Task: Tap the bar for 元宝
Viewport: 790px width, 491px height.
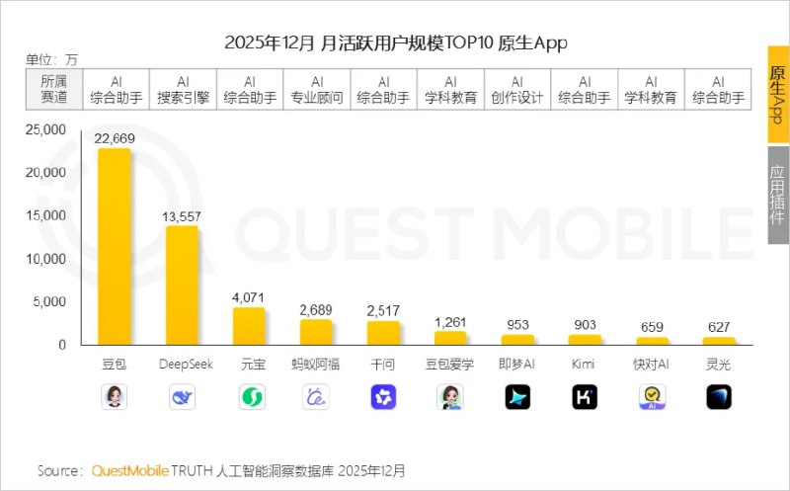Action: tap(249, 325)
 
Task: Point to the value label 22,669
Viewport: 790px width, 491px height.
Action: tap(114, 139)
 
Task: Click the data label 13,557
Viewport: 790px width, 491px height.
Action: tap(182, 216)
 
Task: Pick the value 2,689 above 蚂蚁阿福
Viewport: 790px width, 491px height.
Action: tap(316, 310)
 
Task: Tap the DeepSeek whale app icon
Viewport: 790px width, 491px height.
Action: tap(182, 397)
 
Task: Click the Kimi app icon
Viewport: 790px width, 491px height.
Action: tap(584, 397)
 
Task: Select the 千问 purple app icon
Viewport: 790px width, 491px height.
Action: tap(383, 397)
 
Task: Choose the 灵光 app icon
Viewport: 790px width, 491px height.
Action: tap(718, 397)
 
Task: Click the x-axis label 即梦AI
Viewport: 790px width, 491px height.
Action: tap(517, 364)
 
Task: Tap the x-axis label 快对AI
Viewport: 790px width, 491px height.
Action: tap(651, 364)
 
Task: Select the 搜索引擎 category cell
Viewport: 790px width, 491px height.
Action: tap(183, 90)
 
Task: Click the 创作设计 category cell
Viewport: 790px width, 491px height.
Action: tap(517, 90)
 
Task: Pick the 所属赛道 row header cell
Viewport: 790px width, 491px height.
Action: tap(54, 90)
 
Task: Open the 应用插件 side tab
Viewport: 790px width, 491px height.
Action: tap(778, 194)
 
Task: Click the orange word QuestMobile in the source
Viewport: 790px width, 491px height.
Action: tap(130, 470)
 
